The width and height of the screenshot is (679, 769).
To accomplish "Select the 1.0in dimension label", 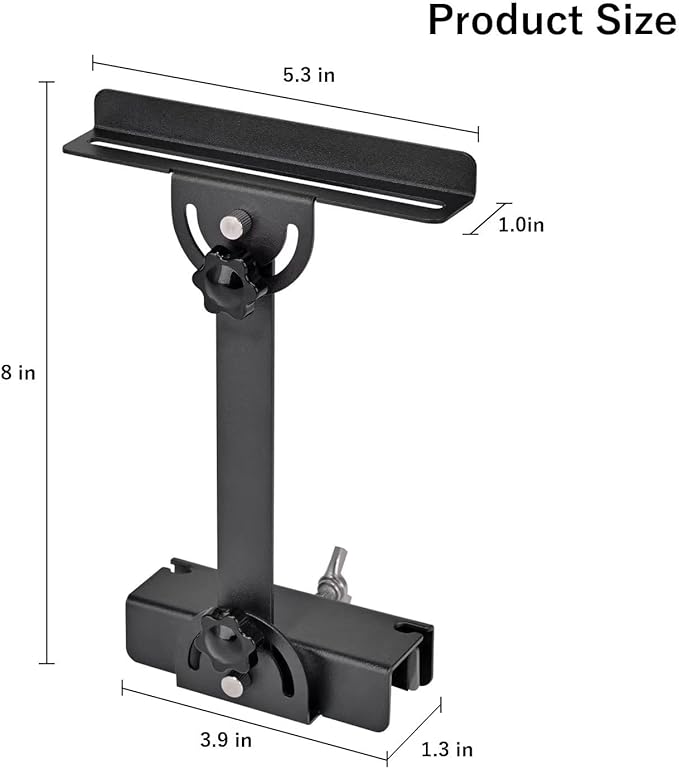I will (521, 225).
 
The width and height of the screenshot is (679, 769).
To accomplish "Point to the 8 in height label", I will (18, 373).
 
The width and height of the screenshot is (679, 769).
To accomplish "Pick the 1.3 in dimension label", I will (447, 749).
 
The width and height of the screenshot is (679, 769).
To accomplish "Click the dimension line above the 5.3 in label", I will (285, 97).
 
